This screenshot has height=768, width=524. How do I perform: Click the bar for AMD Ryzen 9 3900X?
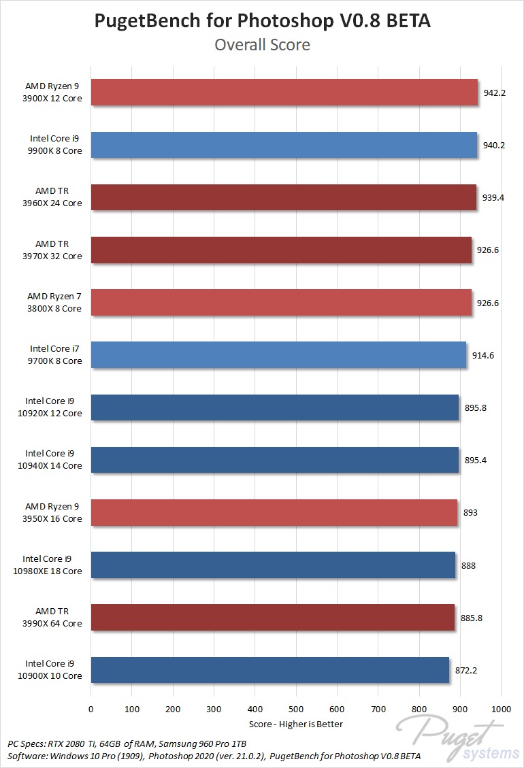(284, 92)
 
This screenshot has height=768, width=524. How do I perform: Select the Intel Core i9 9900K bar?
(284, 145)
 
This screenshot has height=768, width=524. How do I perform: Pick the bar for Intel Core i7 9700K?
(278, 355)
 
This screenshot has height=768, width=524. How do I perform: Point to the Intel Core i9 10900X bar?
(269, 670)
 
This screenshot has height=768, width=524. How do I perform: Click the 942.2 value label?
(494, 93)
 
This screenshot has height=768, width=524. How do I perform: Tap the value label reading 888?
(468, 565)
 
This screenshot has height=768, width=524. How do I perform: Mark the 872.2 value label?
(465, 670)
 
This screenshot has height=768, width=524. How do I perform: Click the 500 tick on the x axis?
(296, 708)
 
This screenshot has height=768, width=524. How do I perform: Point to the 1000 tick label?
(501, 708)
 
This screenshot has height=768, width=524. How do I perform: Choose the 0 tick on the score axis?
(91, 708)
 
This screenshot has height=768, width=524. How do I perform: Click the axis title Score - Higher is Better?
(296, 724)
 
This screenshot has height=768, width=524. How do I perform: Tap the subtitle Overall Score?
(262, 45)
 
